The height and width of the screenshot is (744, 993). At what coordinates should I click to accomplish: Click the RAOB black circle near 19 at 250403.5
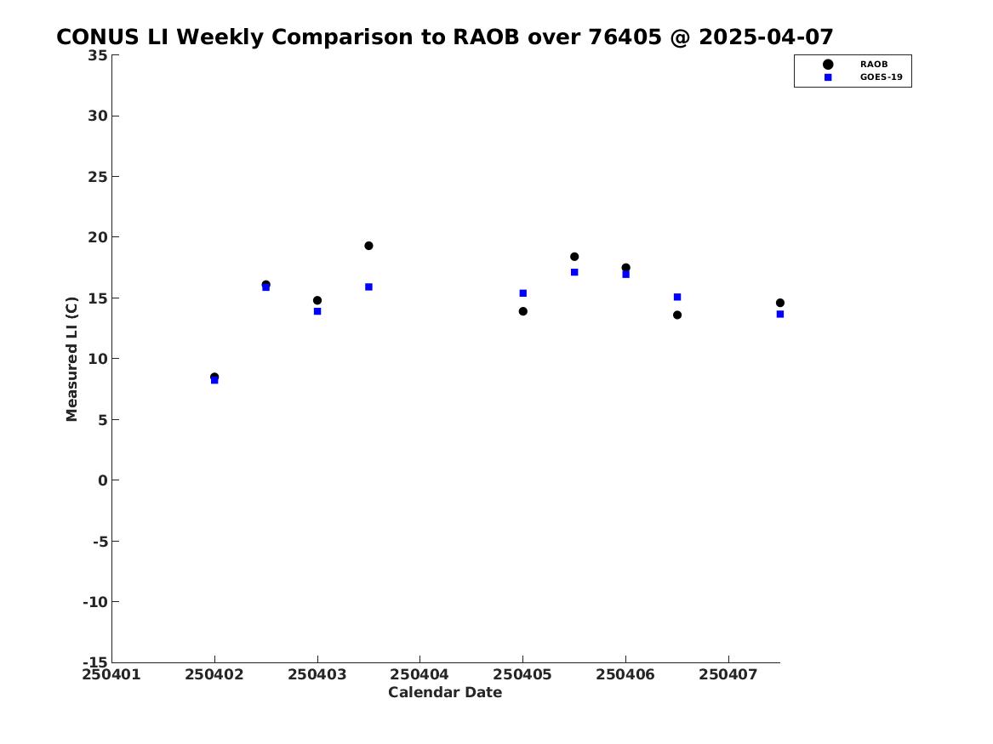pos(368,246)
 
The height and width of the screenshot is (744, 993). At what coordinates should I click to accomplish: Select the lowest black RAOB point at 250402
pos(214,377)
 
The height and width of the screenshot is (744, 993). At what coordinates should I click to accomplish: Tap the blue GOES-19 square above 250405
pos(523,292)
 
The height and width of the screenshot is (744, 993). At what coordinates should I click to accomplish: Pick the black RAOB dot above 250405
pos(523,311)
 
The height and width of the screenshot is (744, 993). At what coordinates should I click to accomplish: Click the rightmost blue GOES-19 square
pos(780,314)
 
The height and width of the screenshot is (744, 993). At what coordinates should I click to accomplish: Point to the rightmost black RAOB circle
pos(780,303)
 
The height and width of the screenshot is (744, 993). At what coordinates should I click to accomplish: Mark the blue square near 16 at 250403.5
pos(368,287)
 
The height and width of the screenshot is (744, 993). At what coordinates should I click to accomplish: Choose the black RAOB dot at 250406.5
pos(677,315)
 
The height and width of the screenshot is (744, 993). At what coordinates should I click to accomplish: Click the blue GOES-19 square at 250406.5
pos(677,297)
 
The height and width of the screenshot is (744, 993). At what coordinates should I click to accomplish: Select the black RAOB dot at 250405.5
pos(574,257)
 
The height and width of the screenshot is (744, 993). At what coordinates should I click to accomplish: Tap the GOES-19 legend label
pos(882,77)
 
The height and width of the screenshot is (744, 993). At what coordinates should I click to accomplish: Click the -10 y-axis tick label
pos(95,602)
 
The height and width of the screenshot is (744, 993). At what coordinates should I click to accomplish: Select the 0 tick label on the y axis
pos(103,480)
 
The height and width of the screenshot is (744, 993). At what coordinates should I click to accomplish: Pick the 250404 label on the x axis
pos(419,674)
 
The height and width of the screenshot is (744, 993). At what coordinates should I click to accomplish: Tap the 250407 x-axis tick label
pos(728,674)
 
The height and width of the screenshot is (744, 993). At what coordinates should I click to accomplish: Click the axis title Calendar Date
pos(445,692)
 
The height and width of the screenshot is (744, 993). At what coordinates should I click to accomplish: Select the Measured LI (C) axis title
pos(71,359)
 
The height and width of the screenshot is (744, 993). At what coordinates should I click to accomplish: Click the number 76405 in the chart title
pos(625,37)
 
